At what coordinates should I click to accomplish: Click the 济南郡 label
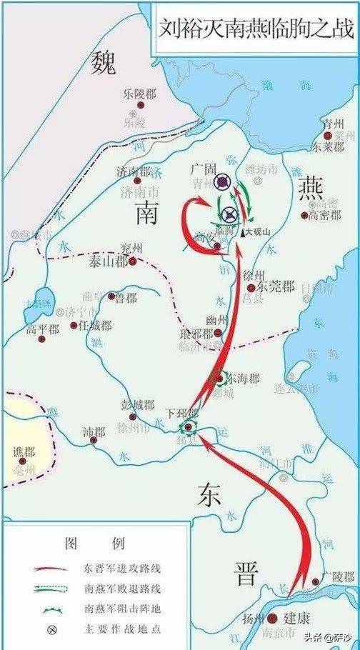pyautogui.click(x=134, y=171)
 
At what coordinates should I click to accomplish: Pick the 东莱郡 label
pyautogui.click(x=329, y=147)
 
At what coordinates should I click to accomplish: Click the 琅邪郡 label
pyautogui.click(x=198, y=334)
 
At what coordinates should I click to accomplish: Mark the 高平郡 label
pyautogui.click(x=41, y=329)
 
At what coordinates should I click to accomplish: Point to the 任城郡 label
pyautogui.click(x=94, y=325)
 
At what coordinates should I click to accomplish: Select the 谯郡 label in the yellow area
pyautogui.click(x=24, y=451)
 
